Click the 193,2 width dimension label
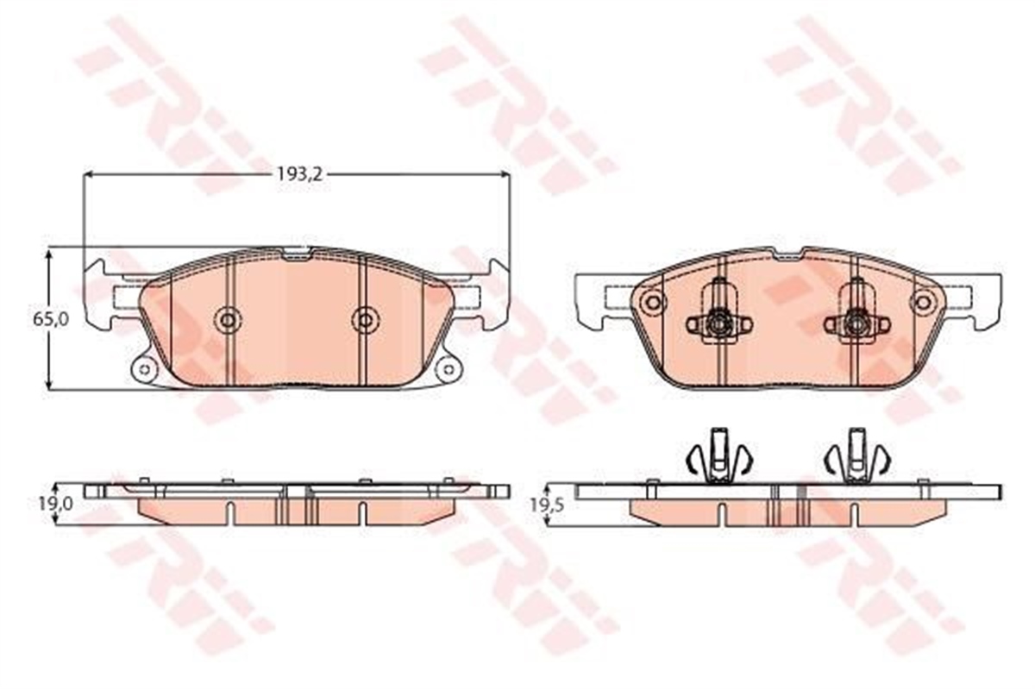tap(299, 174)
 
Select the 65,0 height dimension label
tap(51, 319)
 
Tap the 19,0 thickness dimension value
tap(55, 504)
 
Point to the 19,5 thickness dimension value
tap(547, 505)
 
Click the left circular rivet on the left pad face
tap(228, 320)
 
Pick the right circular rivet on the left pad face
tap(365, 320)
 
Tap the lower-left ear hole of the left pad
tap(144, 369)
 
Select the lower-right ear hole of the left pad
tap(448, 369)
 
